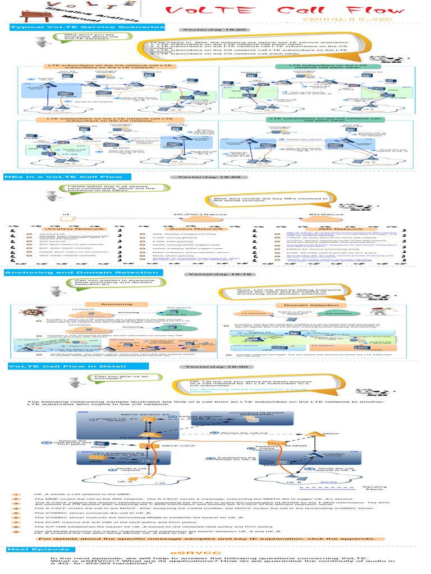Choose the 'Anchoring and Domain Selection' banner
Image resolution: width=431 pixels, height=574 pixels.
[x=82, y=273]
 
